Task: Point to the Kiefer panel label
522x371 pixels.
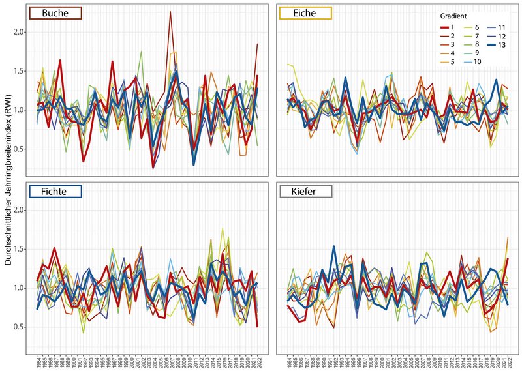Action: click(305, 192)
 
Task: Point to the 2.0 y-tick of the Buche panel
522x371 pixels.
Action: click(23, 31)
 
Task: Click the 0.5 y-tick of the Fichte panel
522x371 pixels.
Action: click(23, 327)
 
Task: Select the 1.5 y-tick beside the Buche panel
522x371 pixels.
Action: click(23, 70)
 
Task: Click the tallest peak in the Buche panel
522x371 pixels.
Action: click(170, 12)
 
